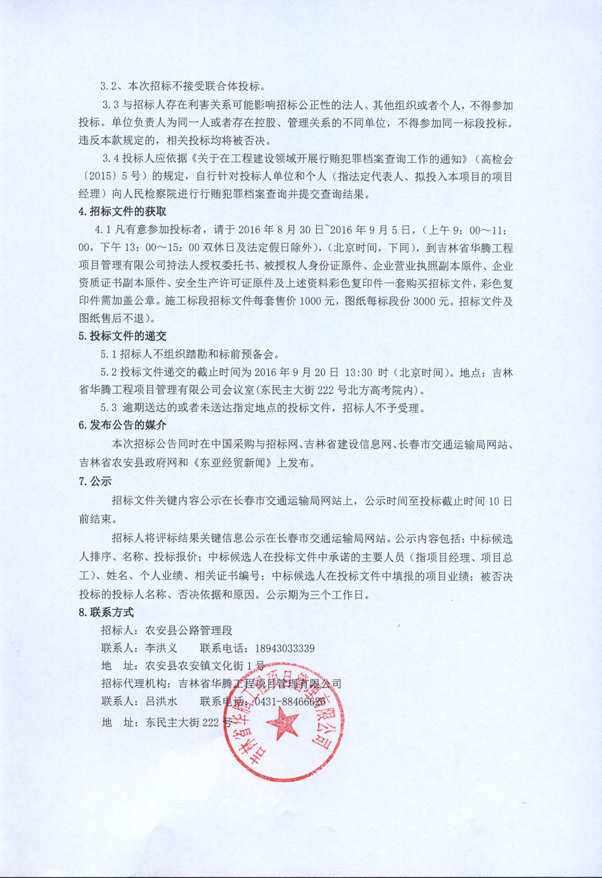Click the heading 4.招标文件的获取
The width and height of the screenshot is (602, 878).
coord(122,211)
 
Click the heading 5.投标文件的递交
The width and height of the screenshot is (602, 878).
coord(122,336)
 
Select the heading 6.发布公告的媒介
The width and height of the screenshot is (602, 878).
coord(122,425)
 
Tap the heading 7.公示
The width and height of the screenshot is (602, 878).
coord(95,481)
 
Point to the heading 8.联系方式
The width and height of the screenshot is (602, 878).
coord(106,612)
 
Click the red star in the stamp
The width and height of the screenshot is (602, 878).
coord(282,721)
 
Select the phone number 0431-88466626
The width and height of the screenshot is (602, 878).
coord(289,702)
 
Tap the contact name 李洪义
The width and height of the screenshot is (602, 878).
coord(161,649)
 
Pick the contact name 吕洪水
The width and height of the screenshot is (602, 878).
coord(161,702)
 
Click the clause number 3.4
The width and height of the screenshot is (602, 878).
coord(111,159)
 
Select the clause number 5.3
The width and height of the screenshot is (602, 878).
coord(109,408)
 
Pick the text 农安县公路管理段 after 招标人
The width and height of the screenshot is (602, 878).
coord(188,630)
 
